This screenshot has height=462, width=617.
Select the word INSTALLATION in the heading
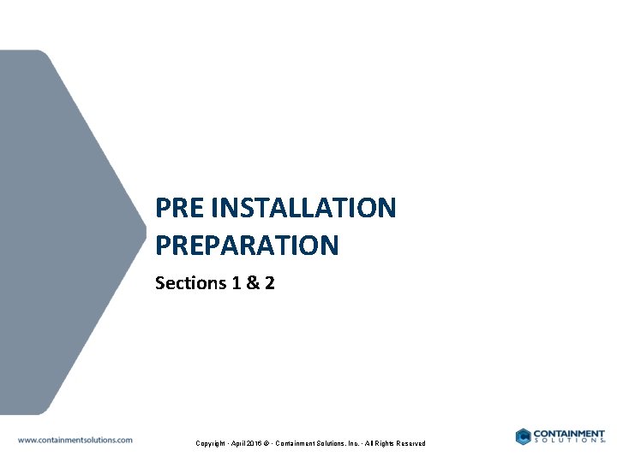pos(303,208)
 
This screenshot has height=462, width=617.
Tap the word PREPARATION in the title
pos(247,246)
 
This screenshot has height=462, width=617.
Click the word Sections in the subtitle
pos(189,283)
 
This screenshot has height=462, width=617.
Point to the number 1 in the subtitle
pos(236,283)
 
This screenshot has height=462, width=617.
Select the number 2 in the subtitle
pos(269,283)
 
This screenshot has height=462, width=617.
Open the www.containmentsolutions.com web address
pos(75,440)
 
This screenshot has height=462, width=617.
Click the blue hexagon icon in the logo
pos(523,436)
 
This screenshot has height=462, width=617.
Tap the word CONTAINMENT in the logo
pos(569,433)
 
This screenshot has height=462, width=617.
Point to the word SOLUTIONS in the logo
pos(568,441)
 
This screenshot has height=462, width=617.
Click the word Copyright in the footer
pos(212,443)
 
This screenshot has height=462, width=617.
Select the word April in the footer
pos(239,443)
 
